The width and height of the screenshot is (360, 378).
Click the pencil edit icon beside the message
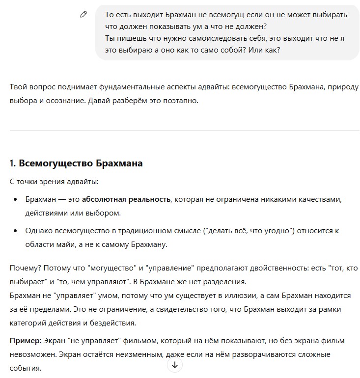(83, 15)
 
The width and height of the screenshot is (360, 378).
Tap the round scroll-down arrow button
(175, 365)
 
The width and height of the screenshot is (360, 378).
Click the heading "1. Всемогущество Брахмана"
(76, 163)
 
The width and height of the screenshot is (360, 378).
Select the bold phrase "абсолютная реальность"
(126, 200)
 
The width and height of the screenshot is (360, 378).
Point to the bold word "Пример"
(25, 341)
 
